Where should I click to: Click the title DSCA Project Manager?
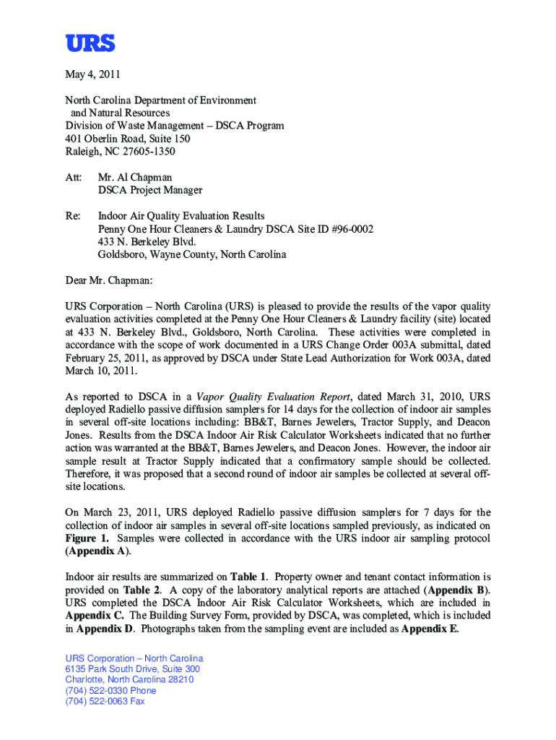click(150, 190)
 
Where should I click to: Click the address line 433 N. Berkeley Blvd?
click(147, 241)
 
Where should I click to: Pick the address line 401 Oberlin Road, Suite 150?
click(128, 139)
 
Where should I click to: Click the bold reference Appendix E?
click(430, 628)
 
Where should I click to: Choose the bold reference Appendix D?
click(104, 628)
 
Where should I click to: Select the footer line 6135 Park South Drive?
click(113, 669)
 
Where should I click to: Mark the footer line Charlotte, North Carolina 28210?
click(129, 679)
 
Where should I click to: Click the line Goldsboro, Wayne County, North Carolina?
click(192, 254)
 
